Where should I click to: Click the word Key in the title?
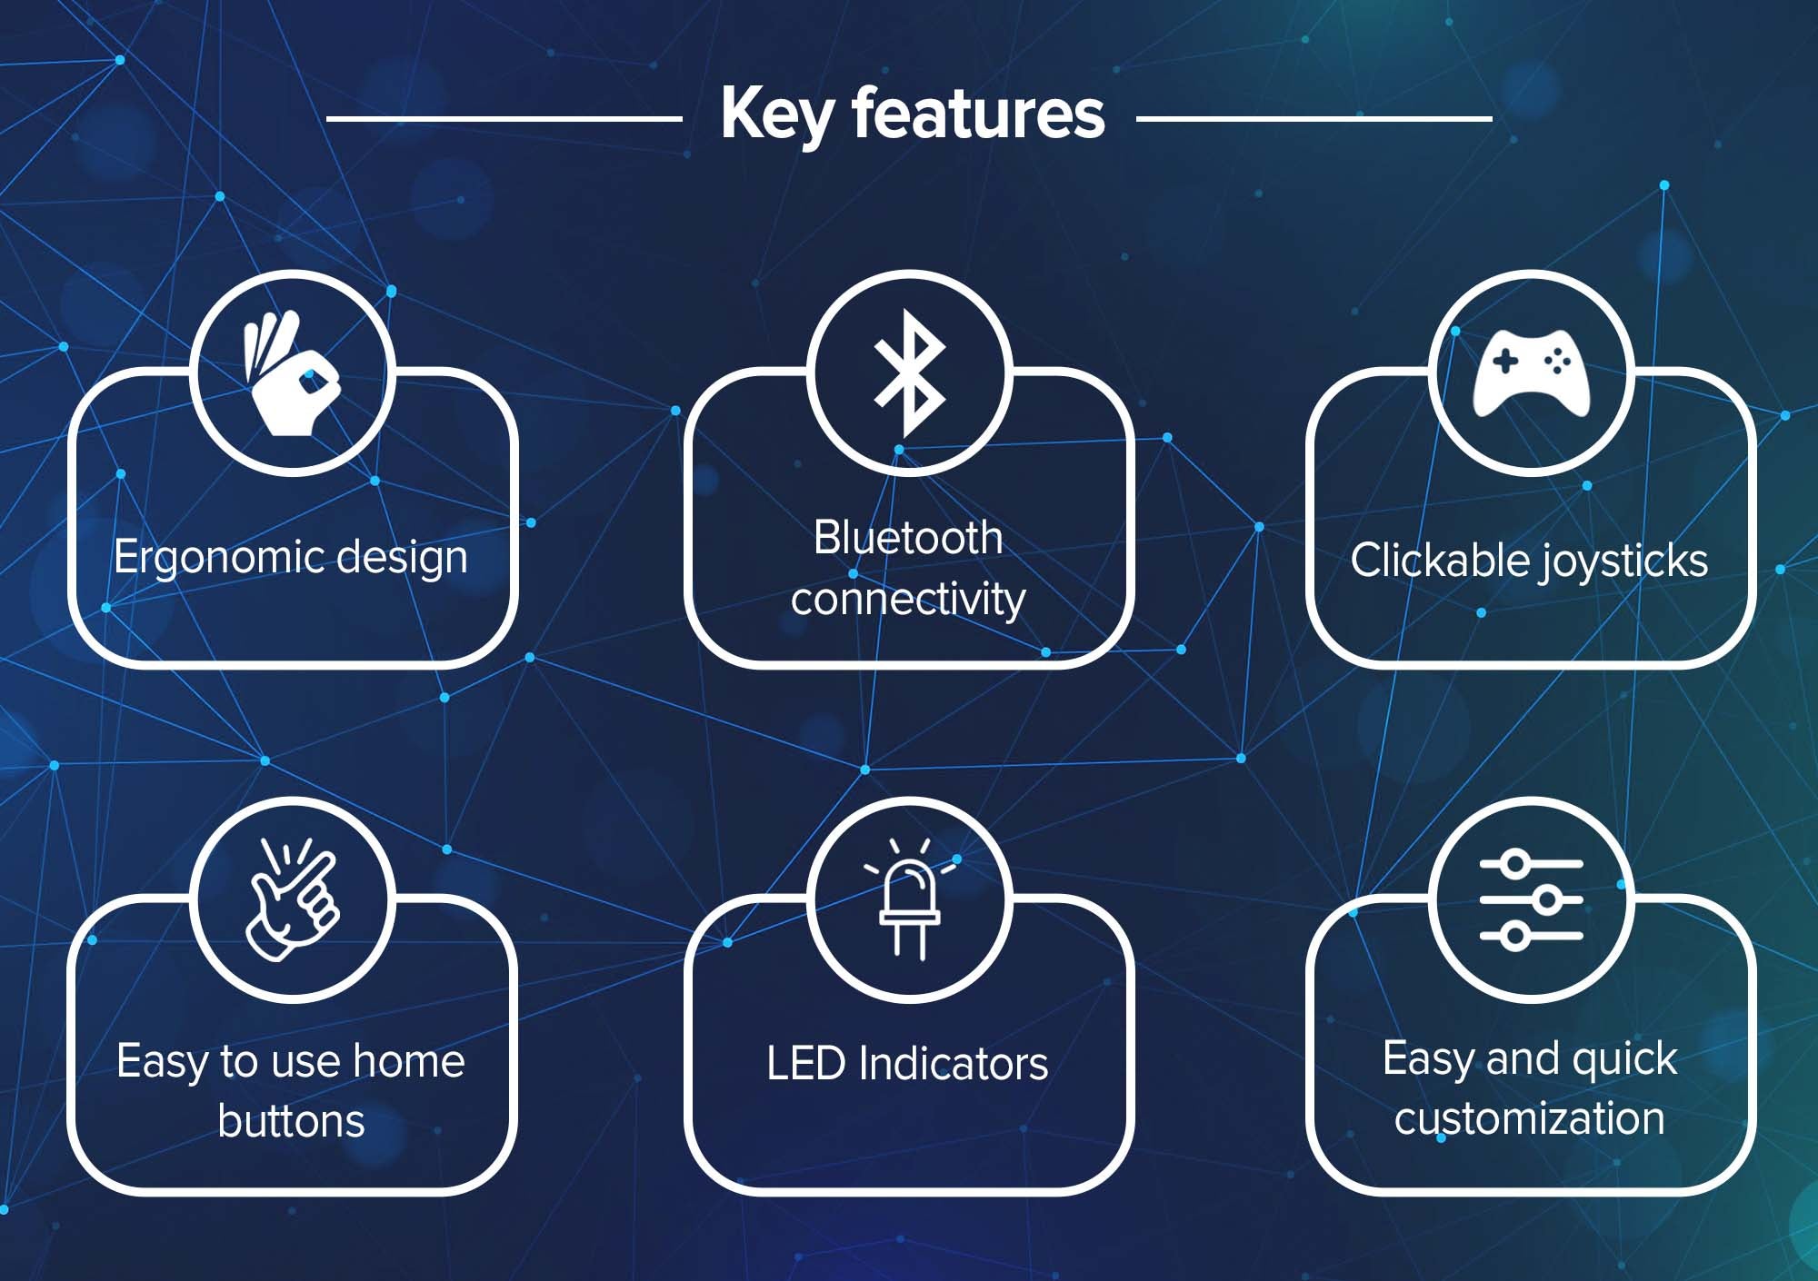(776, 115)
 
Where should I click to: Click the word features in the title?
(978, 113)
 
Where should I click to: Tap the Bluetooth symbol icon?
(909, 373)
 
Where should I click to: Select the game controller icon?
(1531, 372)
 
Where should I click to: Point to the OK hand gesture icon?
(290, 373)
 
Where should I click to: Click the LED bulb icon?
(909, 899)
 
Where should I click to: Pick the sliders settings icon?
(1531, 900)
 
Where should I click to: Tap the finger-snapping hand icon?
(292, 899)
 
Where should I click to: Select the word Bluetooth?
(908, 537)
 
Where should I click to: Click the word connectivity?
(908, 600)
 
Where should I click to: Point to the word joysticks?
(1623, 562)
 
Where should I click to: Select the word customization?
(1530, 1118)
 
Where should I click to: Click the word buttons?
(292, 1120)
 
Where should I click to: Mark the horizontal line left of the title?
(504, 118)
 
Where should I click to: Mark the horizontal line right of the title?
(1314, 118)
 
